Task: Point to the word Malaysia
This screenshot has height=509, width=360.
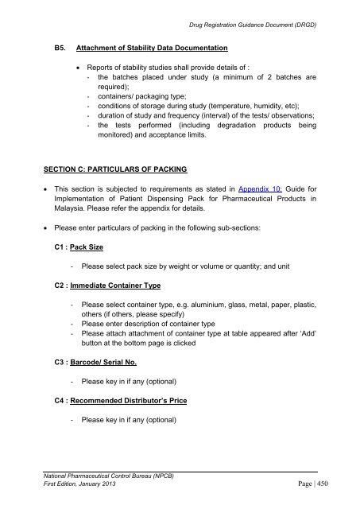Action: pos(70,214)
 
